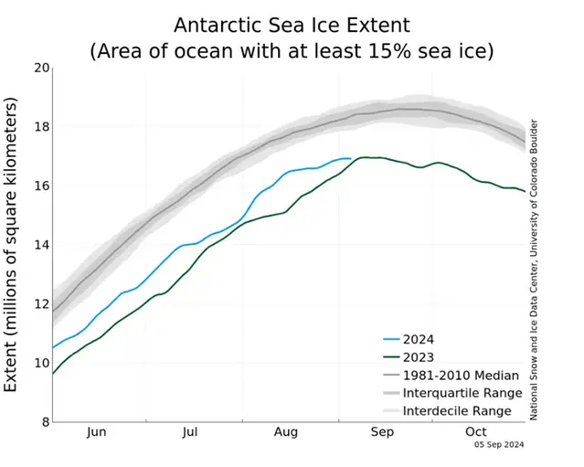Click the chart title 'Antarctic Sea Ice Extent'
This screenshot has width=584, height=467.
292,24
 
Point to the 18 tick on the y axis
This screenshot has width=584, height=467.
40,127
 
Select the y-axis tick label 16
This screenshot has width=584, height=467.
40,186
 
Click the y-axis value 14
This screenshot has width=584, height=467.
40,245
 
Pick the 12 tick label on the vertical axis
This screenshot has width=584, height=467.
40,304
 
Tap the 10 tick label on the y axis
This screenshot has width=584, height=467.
40,363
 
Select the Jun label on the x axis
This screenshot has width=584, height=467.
98,432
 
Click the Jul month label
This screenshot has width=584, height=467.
190,432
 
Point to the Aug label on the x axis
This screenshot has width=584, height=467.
286,432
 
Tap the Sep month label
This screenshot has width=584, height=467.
382,432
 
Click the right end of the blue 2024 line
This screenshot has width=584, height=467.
350,158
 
